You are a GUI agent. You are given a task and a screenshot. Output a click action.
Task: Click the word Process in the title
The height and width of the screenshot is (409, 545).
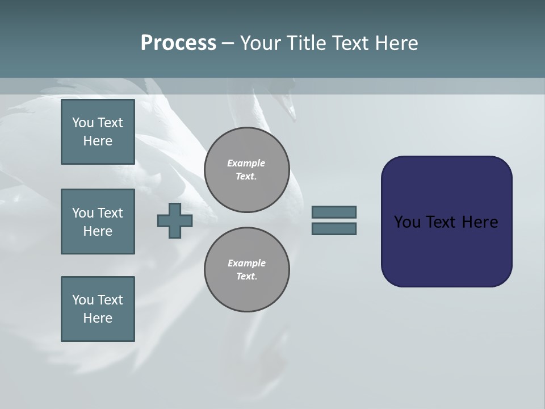tap(178, 43)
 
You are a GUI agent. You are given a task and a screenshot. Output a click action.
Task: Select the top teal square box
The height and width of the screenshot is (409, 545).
tap(98, 132)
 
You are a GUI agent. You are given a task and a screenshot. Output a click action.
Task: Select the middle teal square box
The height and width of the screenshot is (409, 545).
tap(98, 222)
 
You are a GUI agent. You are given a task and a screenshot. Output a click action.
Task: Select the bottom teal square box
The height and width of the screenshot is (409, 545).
tap(98, 309)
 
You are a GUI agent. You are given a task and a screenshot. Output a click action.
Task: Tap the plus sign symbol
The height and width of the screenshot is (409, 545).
tap(175, 220)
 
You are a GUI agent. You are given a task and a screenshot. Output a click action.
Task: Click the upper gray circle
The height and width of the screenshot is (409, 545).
tap(246, 169)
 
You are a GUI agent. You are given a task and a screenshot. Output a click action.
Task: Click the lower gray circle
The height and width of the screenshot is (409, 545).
tap(246, 269)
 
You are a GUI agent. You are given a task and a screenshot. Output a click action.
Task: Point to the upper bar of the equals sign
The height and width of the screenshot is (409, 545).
tap(334, 212)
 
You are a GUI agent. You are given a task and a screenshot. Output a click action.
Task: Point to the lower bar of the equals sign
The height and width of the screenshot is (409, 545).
tap(334, 229)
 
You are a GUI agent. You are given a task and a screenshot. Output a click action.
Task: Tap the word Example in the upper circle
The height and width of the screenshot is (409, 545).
tap(246, 163)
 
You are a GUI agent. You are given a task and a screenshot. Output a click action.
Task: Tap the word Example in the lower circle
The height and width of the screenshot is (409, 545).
tap(246, 263)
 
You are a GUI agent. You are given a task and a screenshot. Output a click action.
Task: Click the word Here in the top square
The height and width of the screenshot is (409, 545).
tap(98, 141)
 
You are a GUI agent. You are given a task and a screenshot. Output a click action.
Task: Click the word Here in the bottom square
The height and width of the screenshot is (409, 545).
tap(98, 318)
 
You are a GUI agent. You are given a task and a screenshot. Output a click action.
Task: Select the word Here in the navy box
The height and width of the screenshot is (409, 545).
tap(480, 222)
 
